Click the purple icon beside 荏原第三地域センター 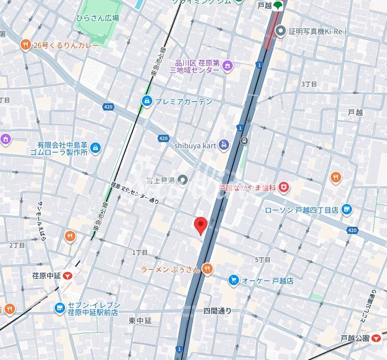point(227,66)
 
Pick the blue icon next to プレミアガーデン point(147,101)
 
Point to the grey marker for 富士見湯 point(182,180)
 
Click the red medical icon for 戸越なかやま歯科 point(283,187)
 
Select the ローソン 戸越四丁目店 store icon point(346,210)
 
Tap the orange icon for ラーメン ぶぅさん point(207,268)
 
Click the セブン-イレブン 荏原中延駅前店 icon point(60,308)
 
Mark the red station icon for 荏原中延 point(68,276)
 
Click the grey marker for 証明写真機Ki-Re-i point(280,32)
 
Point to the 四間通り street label point(217,311)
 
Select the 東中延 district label point(140,321)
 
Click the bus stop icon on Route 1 point(244,140)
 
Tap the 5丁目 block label point(263,259)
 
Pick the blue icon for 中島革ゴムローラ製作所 point(95,148)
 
